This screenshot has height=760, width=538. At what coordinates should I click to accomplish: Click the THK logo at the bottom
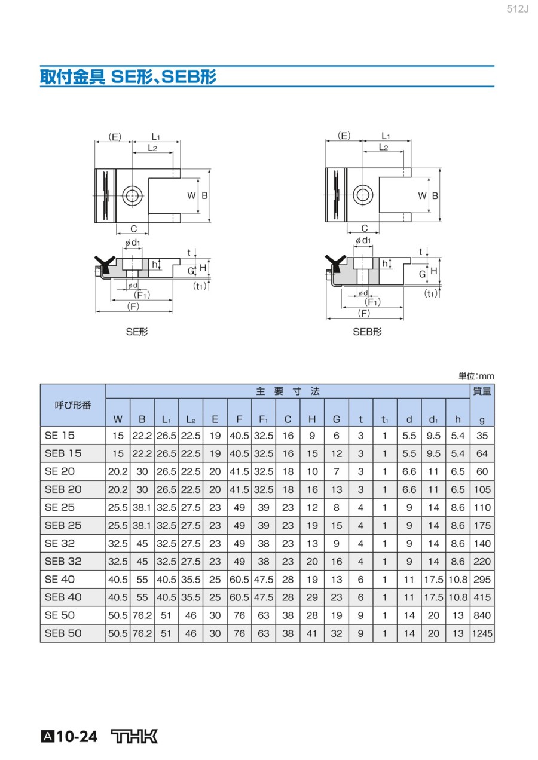(134, 736)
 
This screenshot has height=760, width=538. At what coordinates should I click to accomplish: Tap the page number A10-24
(69, 737)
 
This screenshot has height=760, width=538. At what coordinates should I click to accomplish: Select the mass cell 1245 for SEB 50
(482, 633)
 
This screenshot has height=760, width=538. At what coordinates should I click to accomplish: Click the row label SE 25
(59, 507)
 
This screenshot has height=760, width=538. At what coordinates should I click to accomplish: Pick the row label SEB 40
(63, 597)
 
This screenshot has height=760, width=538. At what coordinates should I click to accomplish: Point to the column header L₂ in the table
(191, 419)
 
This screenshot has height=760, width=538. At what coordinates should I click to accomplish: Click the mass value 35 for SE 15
(482, 436)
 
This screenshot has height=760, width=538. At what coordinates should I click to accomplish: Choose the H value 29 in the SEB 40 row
(312, 597)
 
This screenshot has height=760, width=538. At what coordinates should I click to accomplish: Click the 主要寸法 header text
(288, 391)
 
